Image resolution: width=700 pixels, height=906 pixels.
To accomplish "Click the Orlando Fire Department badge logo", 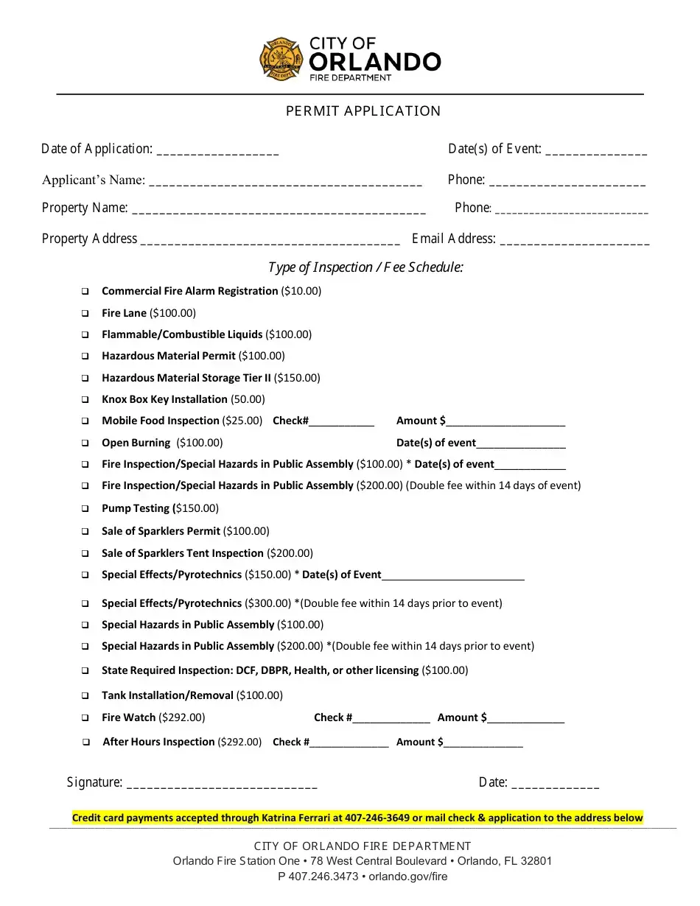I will [281, 59].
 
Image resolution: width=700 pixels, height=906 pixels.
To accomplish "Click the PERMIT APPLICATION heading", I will [363, 111].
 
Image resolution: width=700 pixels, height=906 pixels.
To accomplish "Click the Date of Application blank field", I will [218, 150].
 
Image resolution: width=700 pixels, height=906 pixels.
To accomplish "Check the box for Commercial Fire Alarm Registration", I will [85, 292].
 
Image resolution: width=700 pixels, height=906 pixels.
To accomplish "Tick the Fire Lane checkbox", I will [85, 314].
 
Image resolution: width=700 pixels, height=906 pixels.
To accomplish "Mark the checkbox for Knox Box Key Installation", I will [85, 400].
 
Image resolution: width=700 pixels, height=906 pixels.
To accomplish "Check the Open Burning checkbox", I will [85, 443].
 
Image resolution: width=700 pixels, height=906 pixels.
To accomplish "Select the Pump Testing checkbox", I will [85, 509].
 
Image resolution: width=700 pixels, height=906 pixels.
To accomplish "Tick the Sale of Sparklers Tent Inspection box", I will [85, 554].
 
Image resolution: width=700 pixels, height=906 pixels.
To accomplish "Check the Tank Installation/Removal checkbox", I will [85, 696].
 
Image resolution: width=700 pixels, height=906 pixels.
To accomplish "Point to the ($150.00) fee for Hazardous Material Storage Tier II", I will [297, 378].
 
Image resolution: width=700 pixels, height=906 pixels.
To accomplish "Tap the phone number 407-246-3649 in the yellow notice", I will [377, 818].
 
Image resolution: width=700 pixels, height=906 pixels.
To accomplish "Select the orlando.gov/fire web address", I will [407, 877].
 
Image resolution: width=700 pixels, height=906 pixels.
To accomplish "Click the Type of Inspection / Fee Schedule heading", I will [365, 267].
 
